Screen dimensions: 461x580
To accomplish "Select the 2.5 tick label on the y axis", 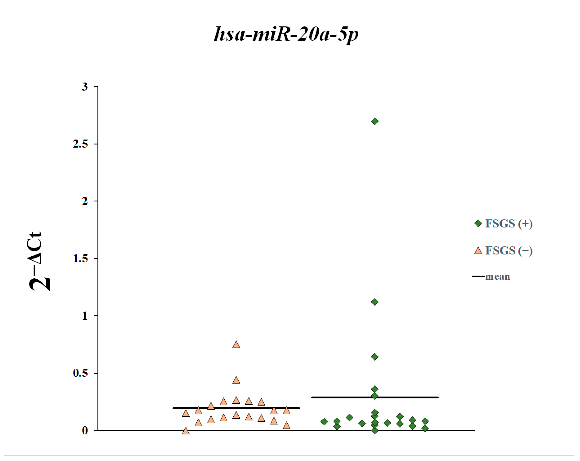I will [x=80, y=144].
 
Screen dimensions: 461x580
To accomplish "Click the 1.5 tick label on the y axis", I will [x=80, y=258].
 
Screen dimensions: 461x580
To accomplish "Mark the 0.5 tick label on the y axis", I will [x=80, y=373].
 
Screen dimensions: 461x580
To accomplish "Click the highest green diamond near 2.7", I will [x=375, y=121].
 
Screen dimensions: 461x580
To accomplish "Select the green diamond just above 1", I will [x=375, y=302].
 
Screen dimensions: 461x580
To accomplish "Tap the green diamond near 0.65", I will [x=375, y=357].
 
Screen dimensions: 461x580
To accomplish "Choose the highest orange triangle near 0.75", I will [x=236, y=345].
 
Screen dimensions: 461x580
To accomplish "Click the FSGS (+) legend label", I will [x=508, y=224].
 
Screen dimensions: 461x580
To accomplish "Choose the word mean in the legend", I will [x=497, y=277].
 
